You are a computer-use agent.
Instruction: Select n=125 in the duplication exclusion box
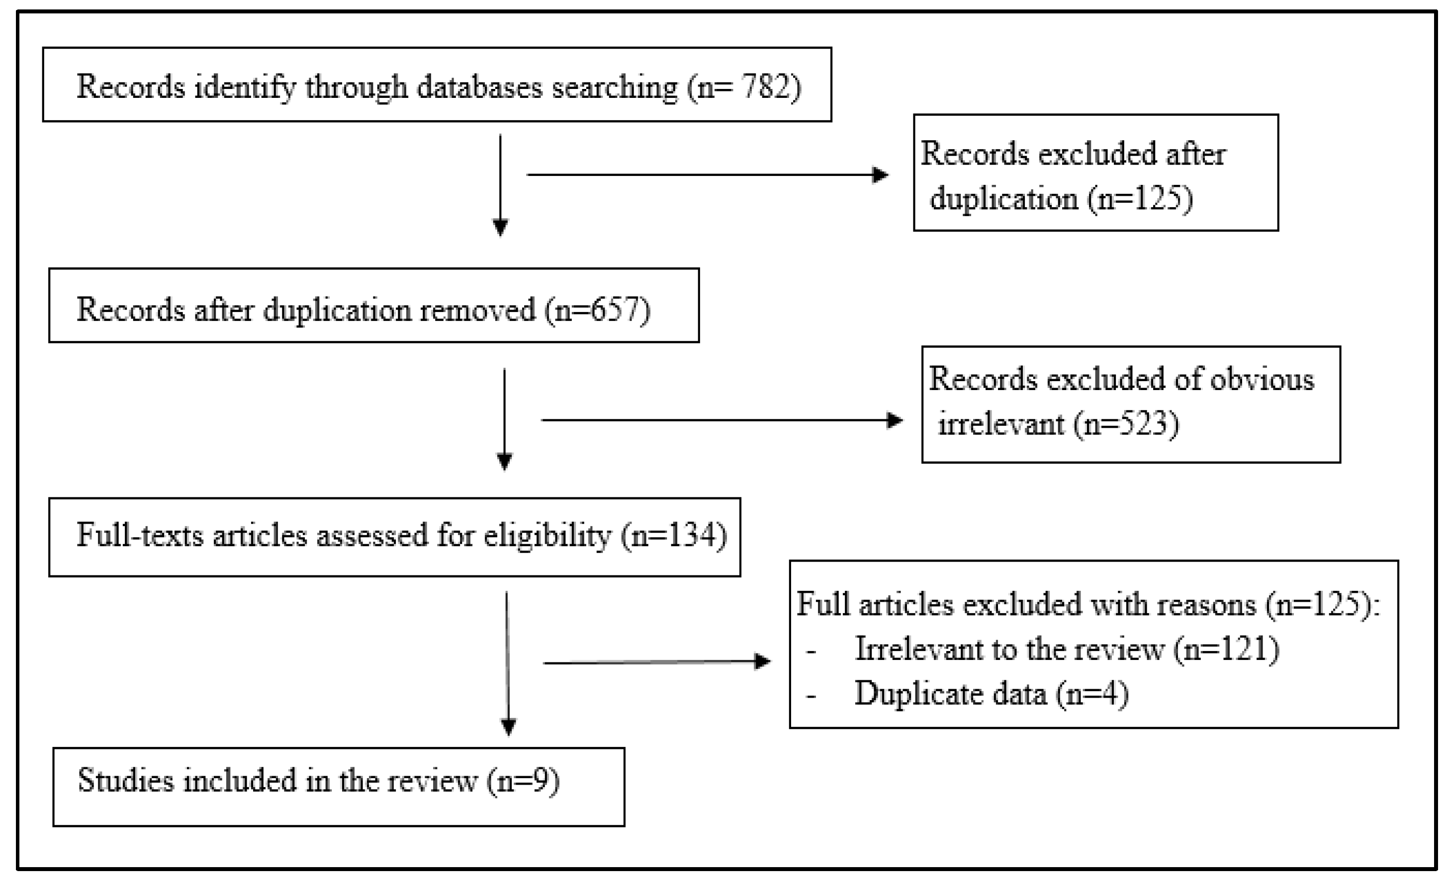coord(1140,199)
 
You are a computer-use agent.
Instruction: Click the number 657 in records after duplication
coord(614,309)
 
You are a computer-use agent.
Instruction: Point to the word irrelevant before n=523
coord(1000,423)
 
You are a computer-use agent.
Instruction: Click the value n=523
coord(1127,423)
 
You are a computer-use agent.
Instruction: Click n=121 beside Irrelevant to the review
coord(1227,649)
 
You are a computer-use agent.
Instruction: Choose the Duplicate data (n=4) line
coord(991,694)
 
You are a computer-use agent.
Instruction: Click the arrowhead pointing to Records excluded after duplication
coord(880,175)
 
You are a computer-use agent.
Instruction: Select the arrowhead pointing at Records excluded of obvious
coord(895,420)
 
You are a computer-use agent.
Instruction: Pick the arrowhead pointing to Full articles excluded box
coord(762,662)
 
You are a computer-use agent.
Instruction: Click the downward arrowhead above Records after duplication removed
coord(500,227)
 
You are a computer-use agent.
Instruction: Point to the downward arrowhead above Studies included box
coord(508,726)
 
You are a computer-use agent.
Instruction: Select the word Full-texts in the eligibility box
coord(140,536)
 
